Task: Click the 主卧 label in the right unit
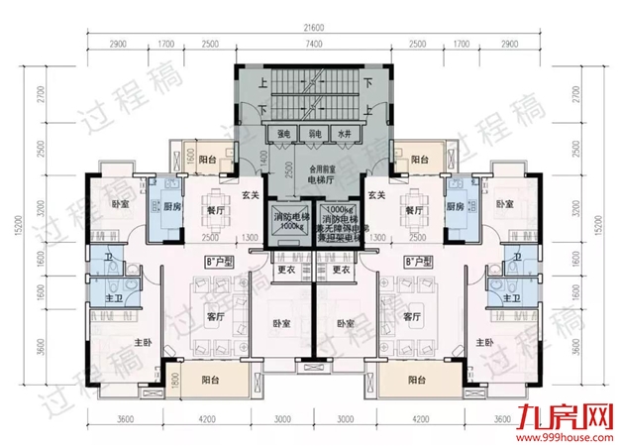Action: tap(484, 342)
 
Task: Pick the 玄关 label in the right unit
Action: tap(375, 194)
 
